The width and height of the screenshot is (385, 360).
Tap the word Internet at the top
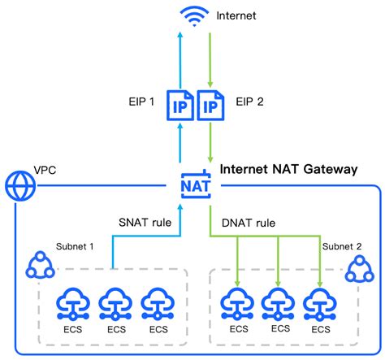pyautogui.click(x=236, y=15)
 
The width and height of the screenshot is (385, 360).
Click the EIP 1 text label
pyautogui.click(x=141, y=103)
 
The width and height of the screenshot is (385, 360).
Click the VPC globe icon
pyautogui.click(x=18, y=186)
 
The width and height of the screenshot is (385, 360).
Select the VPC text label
pyautogui.click(x=45, y=171)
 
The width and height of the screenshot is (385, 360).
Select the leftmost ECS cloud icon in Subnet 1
pyautogui.click(x=71, y=304)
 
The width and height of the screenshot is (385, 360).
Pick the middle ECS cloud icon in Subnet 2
pyautogui.click(x=279, y=304)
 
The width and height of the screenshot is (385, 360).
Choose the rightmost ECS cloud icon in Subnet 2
pyautogui.click(x=320, y=304)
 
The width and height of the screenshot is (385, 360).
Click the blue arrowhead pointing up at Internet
pyautogui.click(x=180, y=34)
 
